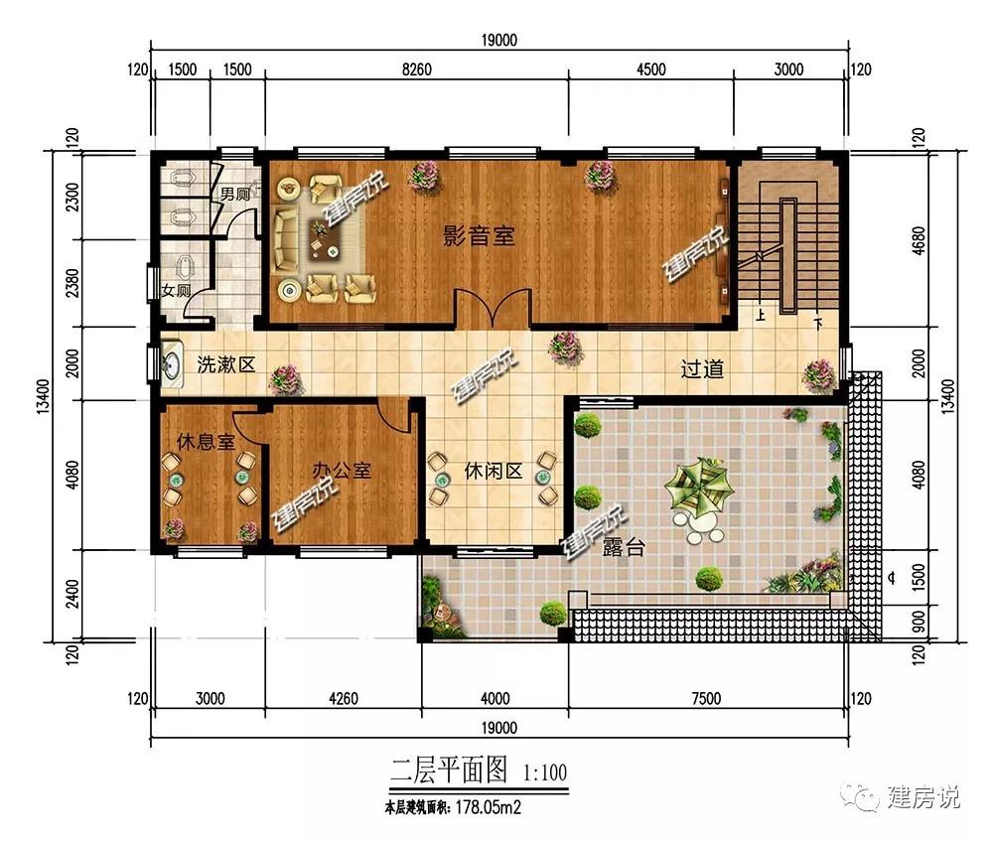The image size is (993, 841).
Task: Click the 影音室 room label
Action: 479,236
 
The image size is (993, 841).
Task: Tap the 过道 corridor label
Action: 702,368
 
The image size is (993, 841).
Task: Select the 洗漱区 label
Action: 226,364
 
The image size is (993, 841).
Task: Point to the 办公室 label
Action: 342,470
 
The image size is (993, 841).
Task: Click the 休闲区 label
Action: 494,471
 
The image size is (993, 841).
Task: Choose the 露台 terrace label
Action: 624,546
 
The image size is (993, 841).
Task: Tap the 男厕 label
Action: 235,194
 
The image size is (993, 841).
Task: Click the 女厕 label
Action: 176,291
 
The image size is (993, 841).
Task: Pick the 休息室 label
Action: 206,442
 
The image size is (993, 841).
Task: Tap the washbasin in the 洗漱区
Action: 172,364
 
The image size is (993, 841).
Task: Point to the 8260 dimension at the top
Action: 417,70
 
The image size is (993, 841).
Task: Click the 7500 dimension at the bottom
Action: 707,698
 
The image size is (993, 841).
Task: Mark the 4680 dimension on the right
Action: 919,240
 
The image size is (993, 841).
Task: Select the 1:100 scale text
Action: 545,772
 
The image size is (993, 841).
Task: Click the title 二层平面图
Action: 449,771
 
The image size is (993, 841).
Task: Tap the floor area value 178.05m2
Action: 489,807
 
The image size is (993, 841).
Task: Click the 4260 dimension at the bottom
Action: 344,698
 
